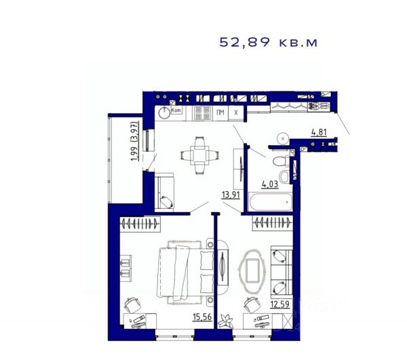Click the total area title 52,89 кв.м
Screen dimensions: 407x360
(x=269, y=42)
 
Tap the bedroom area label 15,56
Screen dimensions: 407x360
(x=202, y=317)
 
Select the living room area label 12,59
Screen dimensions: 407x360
(x=279, y=304)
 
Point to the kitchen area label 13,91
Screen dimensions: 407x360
(x=231, y=195)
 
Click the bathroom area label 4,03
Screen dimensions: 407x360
(x=270, y=184)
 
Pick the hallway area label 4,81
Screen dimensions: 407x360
(x=319, y=132)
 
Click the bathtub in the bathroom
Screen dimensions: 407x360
(x=270, y=202)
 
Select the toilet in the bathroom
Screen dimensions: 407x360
(x=281, y=161)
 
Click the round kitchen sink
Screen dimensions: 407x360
(x=164, y=113)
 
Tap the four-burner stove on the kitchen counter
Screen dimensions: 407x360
(x=202, y=113)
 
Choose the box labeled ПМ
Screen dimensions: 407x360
(x=220, y=113)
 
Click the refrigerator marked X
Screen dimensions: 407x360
(x=236, y=113)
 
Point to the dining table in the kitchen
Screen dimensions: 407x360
(x=199, y=155)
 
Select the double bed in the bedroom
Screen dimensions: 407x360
(x=186, y=271)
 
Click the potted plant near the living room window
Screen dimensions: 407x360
(x=226, y=321)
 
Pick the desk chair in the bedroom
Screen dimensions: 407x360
(x=132, y=305)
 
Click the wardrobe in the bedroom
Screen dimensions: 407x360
(x=140, y=224)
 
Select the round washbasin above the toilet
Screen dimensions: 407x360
(x=283, y=138)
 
